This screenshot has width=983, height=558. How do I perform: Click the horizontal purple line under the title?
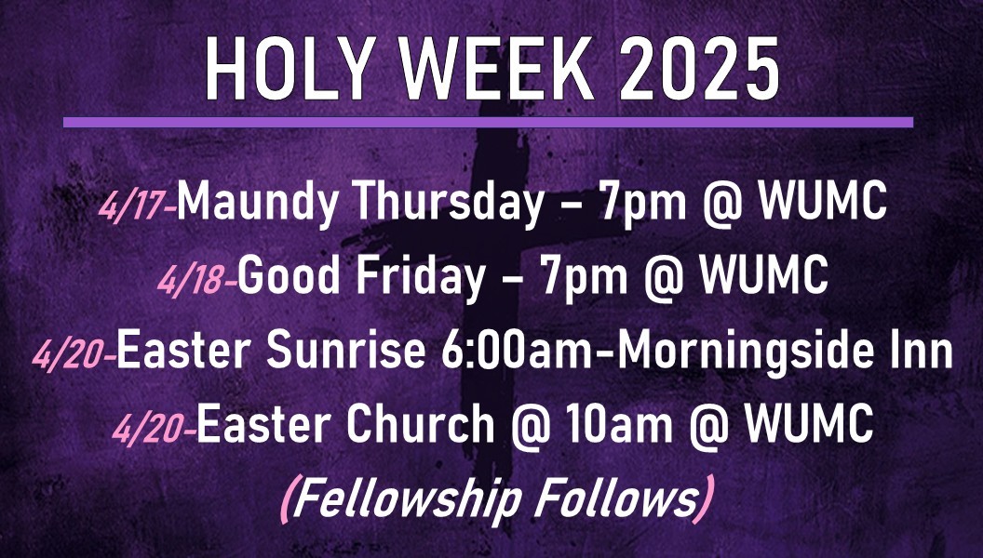(488, 122)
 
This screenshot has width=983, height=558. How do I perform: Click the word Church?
(420, 424)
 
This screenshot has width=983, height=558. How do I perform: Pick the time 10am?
(619, 424)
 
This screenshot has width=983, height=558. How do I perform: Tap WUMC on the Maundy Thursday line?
(823, 202)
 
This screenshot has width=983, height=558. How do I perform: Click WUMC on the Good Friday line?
(764, 275)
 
